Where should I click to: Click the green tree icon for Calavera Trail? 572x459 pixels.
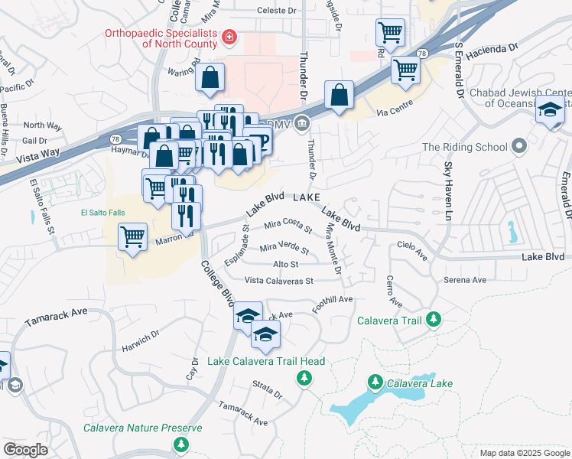click(x=434, y=319)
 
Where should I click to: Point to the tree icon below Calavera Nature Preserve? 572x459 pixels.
click(x=180, y=444)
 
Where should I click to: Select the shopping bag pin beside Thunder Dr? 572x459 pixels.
click(x=339, y=96)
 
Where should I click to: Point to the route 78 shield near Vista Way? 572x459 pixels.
click(x=115, y=139)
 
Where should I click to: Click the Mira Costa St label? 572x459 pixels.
click(x=288, y=227)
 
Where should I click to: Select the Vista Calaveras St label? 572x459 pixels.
click(x=278, y=281)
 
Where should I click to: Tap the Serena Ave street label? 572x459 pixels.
click(x=466, y=280)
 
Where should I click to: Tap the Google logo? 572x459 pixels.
click(x=26, y=450)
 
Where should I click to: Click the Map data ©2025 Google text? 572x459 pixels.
click(x=524, y=453)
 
